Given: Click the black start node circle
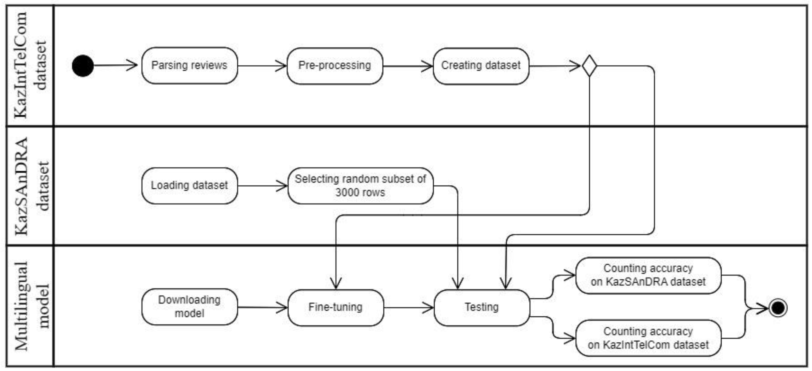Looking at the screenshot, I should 83,66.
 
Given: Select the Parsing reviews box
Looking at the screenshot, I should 190,66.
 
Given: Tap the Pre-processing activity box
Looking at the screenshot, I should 335,66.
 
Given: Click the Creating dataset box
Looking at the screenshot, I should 481,66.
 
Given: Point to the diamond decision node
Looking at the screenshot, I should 589,66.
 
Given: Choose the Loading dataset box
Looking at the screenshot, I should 190,186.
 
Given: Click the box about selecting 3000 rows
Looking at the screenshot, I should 360,186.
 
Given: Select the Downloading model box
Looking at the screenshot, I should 190,307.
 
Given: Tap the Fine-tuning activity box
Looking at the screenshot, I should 336,307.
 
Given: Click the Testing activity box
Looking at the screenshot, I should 482,307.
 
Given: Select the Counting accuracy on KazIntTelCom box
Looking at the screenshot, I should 648,338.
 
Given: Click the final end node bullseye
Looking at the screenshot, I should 778,308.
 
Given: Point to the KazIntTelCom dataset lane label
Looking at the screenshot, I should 30,66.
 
